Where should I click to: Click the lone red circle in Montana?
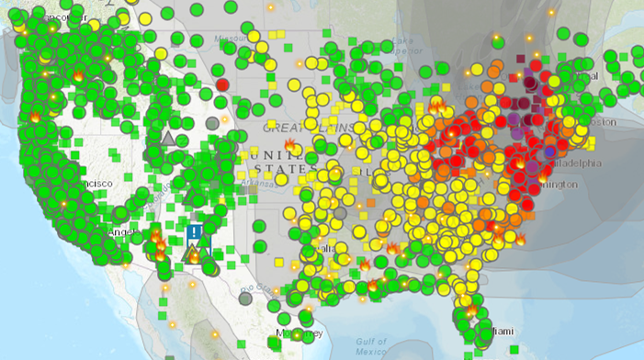tap(221, 84)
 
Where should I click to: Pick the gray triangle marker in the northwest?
tap(167, 139)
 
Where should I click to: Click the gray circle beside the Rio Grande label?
tap(245, 298)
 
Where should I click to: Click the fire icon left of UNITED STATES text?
tap(290, 145)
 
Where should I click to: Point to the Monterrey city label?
tap(299, 332)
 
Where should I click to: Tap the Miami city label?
tap(501, 329)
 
